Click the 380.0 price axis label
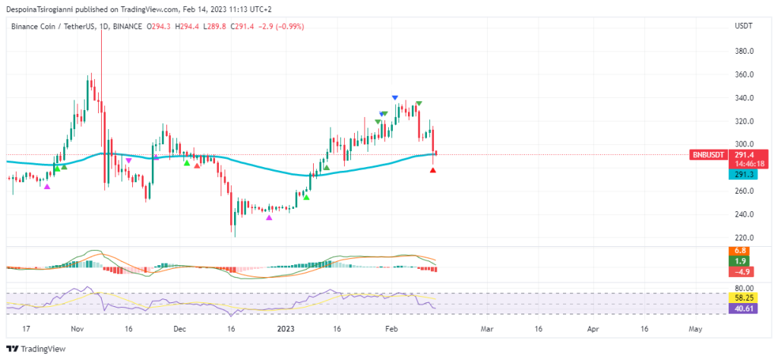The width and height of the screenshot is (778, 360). [x=744, y=52]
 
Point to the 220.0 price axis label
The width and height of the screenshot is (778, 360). [x=744, y=237]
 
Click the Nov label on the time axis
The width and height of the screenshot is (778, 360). [x=76, y=330]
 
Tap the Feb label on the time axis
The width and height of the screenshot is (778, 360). [x=391, y=330]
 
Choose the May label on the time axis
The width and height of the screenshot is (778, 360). [x=694, y=330]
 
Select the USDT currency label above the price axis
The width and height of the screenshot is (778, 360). [x=743, y=26]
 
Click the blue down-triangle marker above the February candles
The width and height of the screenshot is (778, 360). [x=395, y=97]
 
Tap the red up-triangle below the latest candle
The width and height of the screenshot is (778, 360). [x=433, y=170]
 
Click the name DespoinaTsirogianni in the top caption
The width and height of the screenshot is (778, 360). [x=40, y=9]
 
